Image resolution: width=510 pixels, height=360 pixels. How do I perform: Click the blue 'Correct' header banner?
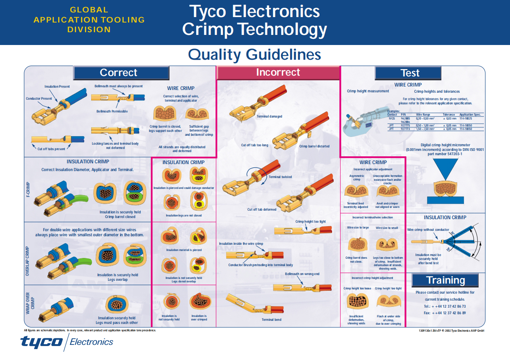tap(121, 73)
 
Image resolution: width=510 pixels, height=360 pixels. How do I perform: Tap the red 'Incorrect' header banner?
tap(278, 73)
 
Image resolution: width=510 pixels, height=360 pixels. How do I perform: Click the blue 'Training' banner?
tap(445, 280)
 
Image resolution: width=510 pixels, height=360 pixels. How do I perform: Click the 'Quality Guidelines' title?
tap(254, 55)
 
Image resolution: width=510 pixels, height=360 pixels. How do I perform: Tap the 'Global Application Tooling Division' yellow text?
tap(89, 20)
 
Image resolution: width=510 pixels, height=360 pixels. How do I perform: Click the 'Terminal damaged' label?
tap(269, 116)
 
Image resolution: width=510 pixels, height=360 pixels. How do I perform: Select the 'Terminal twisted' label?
tap(280, 177)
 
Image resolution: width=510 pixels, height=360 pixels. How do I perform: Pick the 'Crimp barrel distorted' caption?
tap(314, 146)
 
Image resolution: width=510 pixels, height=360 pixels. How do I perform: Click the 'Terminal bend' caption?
tap(271, 320)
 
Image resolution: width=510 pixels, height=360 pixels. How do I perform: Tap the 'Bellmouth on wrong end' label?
tap(302, 274)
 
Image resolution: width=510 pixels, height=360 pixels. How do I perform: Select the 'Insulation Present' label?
tap(57, 87)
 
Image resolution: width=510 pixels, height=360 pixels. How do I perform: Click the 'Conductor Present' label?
tap(39, 99)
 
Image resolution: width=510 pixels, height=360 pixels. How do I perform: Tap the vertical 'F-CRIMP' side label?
tap(28, 189)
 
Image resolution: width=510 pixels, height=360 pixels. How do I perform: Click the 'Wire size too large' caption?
tap(358, 228)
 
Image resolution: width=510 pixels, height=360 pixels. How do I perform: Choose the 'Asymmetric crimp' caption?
tap(356, 178)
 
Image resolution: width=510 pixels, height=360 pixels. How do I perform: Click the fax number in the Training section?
tap(444, 313)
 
